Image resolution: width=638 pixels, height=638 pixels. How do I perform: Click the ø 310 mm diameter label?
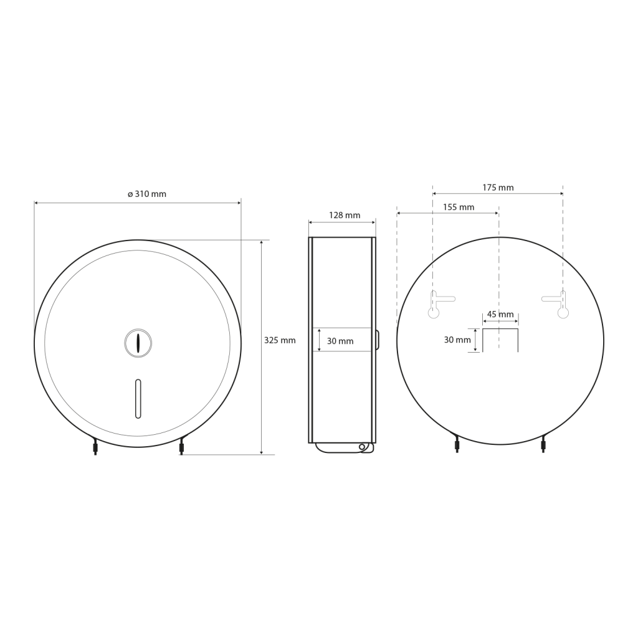tap(147, 194)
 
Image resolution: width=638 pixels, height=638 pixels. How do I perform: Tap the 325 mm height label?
tap(280, 340)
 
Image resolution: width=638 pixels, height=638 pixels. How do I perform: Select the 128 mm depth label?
tap(345, 215)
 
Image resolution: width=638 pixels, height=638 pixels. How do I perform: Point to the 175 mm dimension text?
tap(498, 188)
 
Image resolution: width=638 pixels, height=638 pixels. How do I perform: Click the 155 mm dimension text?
tap(459, 207)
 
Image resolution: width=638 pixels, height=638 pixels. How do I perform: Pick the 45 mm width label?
tap(500, 315)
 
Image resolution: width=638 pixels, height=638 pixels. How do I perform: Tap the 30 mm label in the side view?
tap(340, 341)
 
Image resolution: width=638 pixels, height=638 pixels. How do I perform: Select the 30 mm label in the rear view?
tap(457, 340)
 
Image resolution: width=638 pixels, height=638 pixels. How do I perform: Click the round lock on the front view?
tap(138, 343)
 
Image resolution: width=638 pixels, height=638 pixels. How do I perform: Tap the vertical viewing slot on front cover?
tap(138, 399)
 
